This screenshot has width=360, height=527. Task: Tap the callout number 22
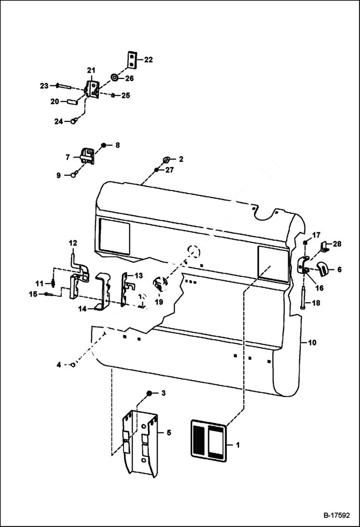pos(149,60)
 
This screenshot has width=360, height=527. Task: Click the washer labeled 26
pos(115,77)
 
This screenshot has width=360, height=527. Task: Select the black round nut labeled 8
pos(103,145)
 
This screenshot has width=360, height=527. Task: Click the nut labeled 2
pos(166,159)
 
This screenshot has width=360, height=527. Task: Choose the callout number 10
pos(312,343)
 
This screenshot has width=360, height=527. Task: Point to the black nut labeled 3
pos(149,393)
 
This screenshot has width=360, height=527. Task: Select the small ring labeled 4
pos(73,365)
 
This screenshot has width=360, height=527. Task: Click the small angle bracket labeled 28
pos(325,248)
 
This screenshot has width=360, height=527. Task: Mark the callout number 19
pos(159,302)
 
